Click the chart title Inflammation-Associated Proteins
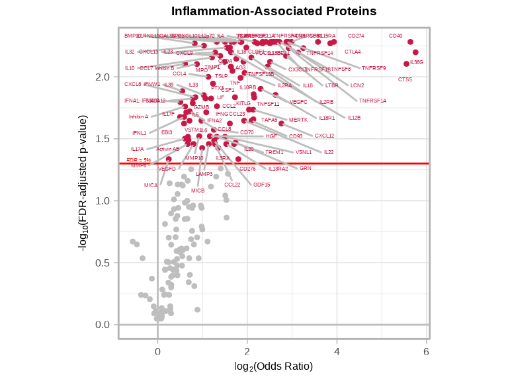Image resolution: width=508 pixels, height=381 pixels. point(274,11)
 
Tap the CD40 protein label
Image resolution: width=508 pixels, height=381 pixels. point(396,36)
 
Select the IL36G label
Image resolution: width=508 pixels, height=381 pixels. point(417,62)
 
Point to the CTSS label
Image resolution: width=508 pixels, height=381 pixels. point(405,79)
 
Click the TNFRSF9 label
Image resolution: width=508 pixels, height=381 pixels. point(374,68)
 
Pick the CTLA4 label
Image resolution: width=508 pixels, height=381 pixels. point(353,52)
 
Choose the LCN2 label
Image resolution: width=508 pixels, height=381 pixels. point(357,85)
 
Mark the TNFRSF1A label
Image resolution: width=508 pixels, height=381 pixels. point(372,101)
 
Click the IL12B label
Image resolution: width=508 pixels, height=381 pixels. point(354,118)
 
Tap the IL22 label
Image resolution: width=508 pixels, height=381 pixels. point(329,152)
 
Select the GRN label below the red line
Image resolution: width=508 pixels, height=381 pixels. point(305,168)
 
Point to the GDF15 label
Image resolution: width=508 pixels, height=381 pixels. point(261,185)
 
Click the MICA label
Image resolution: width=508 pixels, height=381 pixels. point(151,185)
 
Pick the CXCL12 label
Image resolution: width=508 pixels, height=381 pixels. point(324,136)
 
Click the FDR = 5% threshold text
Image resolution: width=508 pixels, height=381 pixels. point(139,160)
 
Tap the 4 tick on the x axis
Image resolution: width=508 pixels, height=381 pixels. point(337,351)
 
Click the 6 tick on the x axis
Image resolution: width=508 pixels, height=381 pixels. point(426,351)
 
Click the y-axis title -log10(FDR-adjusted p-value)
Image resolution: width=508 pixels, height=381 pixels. point(84,183)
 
